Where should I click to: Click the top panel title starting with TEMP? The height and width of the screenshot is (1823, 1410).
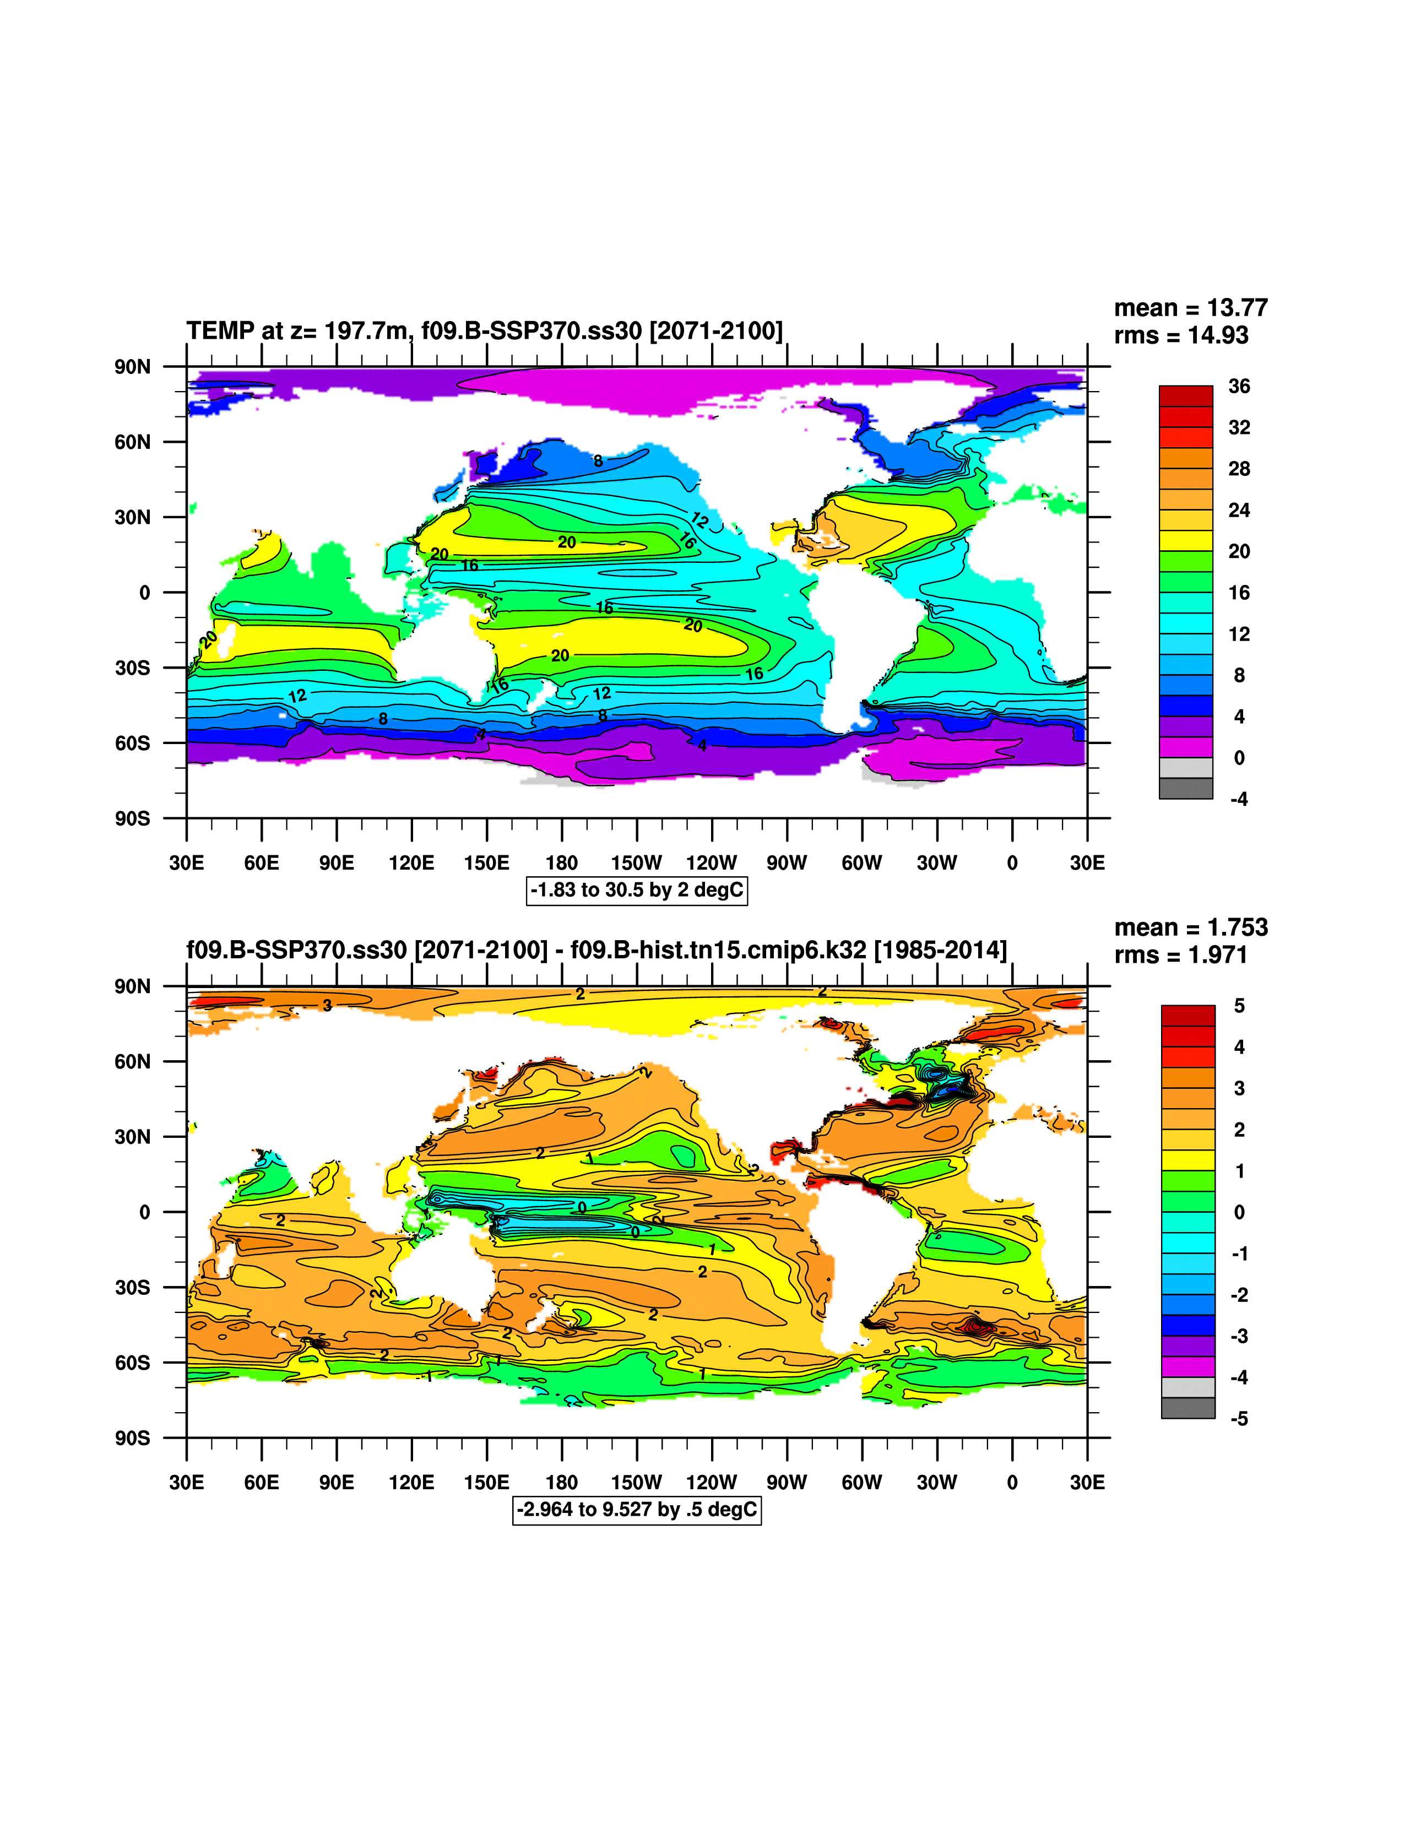(484, 330)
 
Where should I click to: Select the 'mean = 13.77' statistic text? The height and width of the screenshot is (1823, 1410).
(1190, 308)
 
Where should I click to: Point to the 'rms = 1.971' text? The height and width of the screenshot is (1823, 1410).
(1180, 955)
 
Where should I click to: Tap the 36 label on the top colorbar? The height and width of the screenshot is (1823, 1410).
(1239, 387)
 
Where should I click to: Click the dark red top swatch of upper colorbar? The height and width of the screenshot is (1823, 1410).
(1185, 395)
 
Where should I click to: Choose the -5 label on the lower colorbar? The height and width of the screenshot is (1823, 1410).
(1239, 1419)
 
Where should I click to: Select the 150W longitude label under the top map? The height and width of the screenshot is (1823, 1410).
(636, 863)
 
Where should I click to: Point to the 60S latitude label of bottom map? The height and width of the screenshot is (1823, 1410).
(133, 1362)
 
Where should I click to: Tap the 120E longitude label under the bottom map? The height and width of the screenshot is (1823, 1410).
(411, 1483)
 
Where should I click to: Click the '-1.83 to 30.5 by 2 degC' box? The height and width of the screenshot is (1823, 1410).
(637, 890)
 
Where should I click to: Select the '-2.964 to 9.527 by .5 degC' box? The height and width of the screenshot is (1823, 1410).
(637, 1509)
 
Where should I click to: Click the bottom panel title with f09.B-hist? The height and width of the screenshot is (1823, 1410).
(596, 950)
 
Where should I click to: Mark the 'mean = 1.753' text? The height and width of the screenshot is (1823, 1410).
(1190, 927)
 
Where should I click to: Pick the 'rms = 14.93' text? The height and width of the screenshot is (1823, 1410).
(1180, 335)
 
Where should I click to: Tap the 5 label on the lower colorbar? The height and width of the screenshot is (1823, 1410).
(1239, 1006)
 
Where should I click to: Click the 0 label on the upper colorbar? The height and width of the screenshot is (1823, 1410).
(1239, 758)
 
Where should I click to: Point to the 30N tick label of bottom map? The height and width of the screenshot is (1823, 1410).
(133, 1137)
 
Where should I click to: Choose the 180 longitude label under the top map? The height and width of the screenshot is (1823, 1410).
(561, 863)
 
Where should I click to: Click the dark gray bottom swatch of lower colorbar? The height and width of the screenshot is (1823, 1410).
(1187, 1408)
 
